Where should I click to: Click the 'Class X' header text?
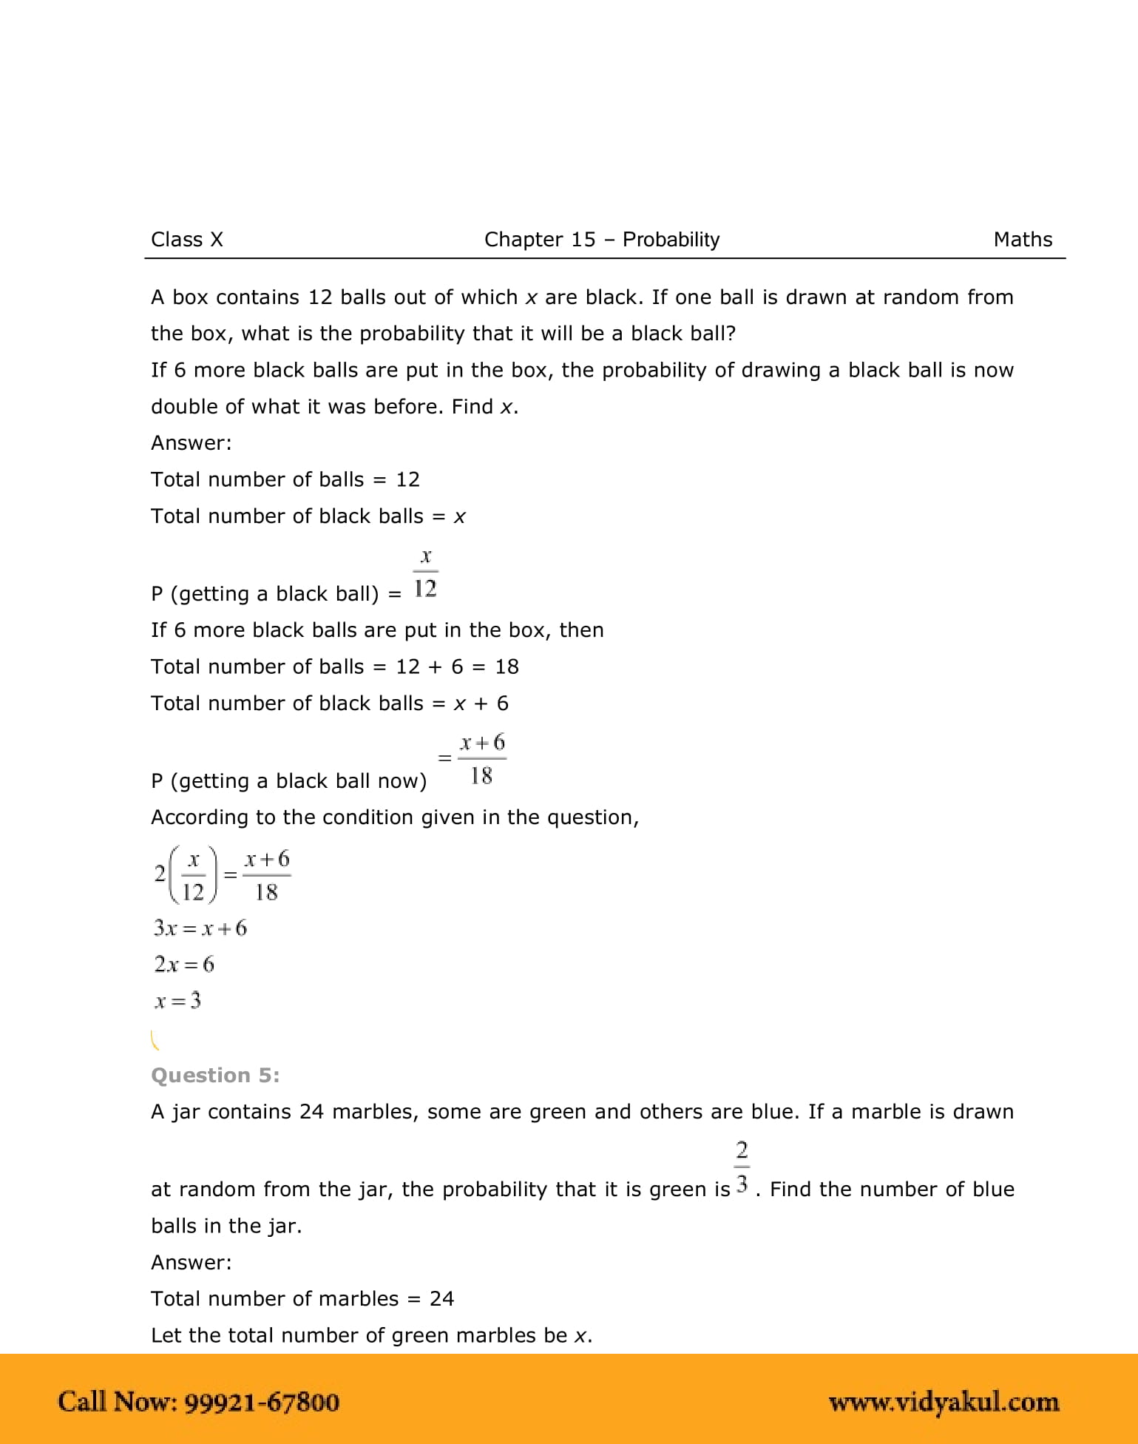(x=186, y=240)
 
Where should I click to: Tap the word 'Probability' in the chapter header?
(x=671, y=240)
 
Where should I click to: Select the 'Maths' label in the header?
(x=1023, y=240)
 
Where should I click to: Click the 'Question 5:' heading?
(x=215, y=1075)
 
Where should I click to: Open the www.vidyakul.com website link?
(x=944, y=1402)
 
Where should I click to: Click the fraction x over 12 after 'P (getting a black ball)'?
(x=425, y=573)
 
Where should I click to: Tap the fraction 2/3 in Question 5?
(x=742, y=1167)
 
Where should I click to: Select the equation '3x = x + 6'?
(x=200, y=928)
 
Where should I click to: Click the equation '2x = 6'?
(x=184, y=964)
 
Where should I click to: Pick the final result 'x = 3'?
(x=177, y=1001)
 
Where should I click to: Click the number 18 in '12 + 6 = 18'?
(x=507, y=667)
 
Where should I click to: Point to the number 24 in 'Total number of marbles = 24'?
(x=441, y=1298)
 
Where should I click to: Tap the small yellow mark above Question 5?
(x=155, y=1040)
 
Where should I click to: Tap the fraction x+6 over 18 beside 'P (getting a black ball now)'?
(x=481, y=758)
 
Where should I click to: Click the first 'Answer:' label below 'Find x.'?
(x=191, y=443)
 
